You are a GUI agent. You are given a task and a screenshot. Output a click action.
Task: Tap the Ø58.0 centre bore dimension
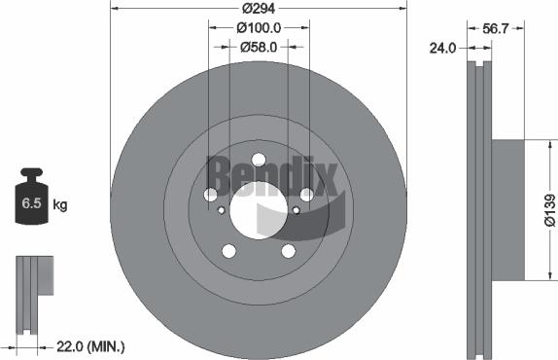[259, 46]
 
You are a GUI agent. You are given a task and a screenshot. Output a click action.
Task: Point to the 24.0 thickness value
[443, 46]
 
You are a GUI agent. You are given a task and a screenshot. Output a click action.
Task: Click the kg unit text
[59, 205]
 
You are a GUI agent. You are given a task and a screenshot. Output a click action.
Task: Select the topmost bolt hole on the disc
[259, 161]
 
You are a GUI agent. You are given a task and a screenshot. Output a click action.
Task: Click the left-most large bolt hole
[211, 196]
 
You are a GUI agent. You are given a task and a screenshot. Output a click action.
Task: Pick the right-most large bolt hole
[306, 196]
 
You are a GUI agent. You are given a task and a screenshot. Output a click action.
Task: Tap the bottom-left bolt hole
[229, 251]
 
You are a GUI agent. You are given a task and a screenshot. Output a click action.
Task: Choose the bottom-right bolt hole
[288, 251]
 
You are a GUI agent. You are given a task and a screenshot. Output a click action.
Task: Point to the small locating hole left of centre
[222, 209]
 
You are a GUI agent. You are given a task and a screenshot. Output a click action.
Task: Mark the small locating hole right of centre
[296, 209]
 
